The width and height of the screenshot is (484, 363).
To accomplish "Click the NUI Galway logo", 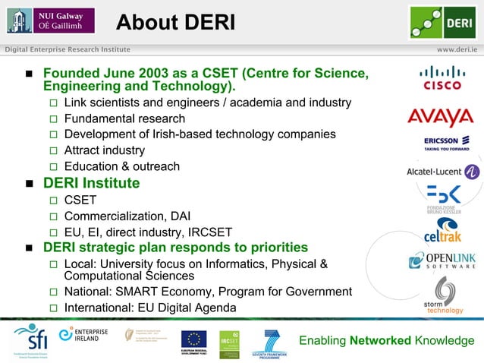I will tap(50, 21).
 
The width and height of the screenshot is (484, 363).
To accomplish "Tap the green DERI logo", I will tap(442, 22).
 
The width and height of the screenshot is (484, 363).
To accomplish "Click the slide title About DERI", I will tap(175, 24).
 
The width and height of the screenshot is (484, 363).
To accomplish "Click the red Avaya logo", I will tap(440, 118).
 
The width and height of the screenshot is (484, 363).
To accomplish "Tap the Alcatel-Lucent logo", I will tap(443, 172).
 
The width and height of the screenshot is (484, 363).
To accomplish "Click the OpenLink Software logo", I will tap(442, 260).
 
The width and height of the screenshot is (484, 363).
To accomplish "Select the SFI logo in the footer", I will tap(30, 339).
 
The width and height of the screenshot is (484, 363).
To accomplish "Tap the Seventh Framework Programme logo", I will tap(272, 342).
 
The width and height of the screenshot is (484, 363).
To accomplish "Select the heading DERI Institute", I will tap(91, 183).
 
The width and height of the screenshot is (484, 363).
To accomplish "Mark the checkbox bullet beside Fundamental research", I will tap(53, 119).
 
